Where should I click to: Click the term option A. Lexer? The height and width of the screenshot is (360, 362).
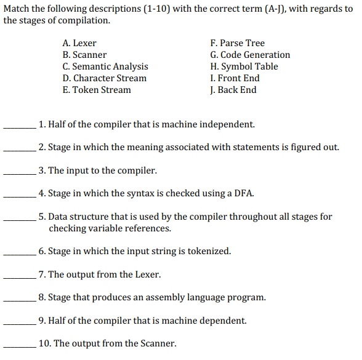tap(79, 43)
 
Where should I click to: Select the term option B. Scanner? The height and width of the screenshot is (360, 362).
tap(84, 55)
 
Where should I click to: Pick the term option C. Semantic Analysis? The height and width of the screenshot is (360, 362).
tap(105, 66)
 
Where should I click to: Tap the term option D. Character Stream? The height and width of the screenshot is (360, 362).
tap(105, 78)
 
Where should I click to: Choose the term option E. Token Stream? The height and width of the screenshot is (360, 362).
tap(97, 90)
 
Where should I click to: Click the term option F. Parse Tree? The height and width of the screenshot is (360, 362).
tap(237, 43)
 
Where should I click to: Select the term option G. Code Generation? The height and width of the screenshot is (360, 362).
tap(250, 55)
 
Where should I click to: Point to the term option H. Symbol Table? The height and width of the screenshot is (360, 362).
tap(244, 66)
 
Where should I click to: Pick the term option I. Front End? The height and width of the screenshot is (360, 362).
tap(235, 78)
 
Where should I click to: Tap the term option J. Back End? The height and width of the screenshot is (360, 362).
tap(233, 90)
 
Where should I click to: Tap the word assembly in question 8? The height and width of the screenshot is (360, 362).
tap(155, 298)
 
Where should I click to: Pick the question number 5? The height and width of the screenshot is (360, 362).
tap(41, 217)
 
